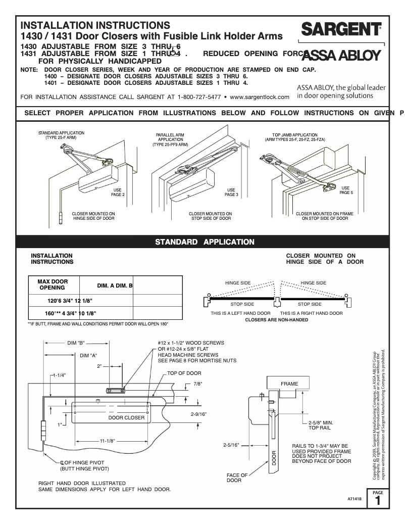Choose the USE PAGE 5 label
coord(346,190)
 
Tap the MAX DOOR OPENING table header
coord(53,284)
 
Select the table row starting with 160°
coord(70,312)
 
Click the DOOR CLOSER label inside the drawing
coord(126,418)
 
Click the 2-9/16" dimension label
coord(198,414)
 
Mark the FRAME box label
coord(289,384)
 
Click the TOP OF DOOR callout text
coord(184,373)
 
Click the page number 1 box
coord(379,500)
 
